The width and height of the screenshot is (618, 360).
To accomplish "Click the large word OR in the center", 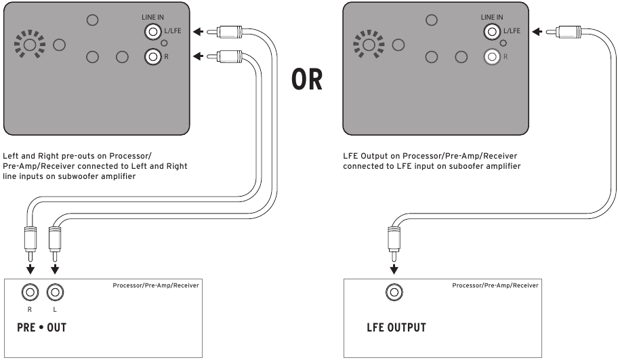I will [307, 80].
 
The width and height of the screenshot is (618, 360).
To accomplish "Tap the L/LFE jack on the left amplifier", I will [152, 31].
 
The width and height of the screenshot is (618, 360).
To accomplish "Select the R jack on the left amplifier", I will [152, 56].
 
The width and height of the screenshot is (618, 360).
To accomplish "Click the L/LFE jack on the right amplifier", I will [491, 31].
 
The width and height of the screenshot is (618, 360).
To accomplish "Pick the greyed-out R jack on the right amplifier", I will [491, 56].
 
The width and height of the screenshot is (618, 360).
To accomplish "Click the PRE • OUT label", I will [42, 328].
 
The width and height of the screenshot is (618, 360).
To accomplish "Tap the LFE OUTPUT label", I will [396, 328].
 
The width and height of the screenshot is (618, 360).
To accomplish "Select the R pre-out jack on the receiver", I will [30, 293].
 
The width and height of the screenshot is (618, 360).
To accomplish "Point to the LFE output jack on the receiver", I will [392, 293].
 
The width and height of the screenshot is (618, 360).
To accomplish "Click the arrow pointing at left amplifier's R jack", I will [197, 56].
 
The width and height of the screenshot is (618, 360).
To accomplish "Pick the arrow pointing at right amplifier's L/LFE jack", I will [537, 31].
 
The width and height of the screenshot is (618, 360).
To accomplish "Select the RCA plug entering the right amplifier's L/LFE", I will [566, 31].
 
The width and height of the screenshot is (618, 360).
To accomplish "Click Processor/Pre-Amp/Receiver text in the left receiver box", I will [156, 285].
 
